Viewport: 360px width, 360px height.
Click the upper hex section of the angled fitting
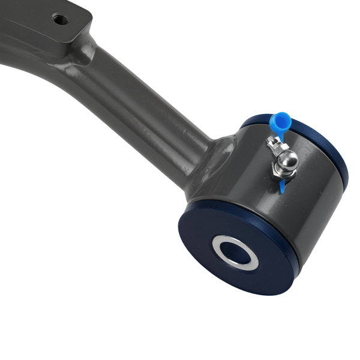[274, 145]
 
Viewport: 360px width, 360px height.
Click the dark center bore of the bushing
[235, 252]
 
